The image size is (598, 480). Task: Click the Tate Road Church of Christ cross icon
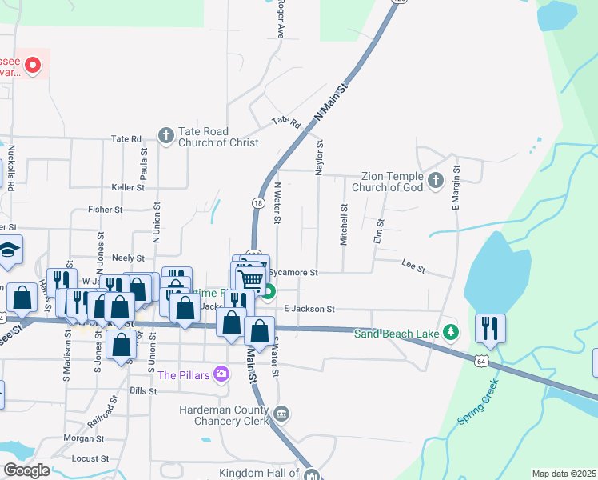coord(165,135)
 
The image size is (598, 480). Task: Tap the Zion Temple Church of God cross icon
coord(435,180)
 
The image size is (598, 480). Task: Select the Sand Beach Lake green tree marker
coord(451,331)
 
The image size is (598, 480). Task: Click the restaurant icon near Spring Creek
coord(490,326)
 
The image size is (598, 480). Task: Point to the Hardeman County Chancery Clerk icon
coord(281,414)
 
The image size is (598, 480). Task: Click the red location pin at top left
coord(33,65)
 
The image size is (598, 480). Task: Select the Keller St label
coord(128,187)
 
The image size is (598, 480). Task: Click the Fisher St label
coord(105,210)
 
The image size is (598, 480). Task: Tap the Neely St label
coord(128,258)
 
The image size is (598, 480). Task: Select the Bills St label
coord(142,391)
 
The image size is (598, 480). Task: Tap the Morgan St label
coord(84,438)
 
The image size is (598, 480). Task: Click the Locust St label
coord(90,459)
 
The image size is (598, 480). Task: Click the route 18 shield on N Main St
coord(258,204)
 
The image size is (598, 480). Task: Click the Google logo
coord(26,470)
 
